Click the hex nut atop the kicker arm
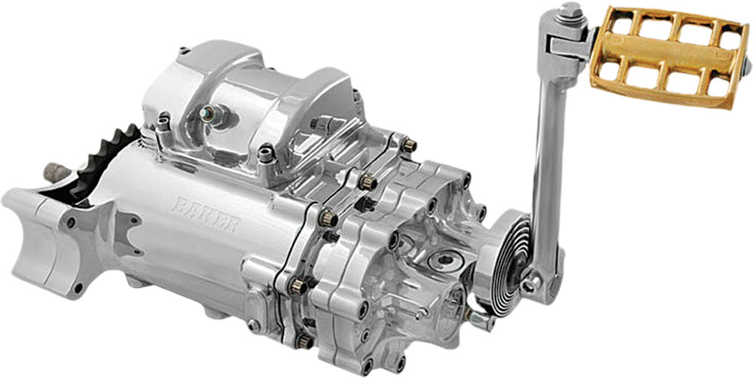point(571,11)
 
